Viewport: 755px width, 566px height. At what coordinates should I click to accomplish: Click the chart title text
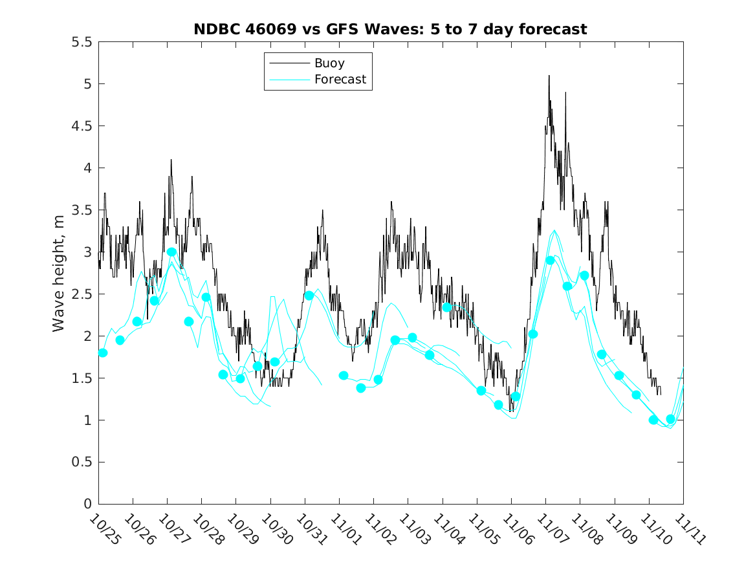(x=390, y=29)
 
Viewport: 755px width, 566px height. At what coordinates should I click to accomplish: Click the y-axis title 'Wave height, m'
(x=59, y=272)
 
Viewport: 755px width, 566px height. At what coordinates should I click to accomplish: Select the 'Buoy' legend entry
(x=329, y=63)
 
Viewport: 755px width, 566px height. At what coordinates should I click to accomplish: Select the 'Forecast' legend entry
(x=340, y=80)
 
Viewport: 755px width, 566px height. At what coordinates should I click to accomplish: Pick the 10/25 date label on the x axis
(x=102, y=529)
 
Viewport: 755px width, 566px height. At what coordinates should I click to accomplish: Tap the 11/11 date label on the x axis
(x=686, y=529)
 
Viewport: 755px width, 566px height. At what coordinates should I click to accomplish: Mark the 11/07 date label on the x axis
(x=549, y=529)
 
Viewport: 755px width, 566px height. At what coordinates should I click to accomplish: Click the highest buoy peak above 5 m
(x=549, y=76)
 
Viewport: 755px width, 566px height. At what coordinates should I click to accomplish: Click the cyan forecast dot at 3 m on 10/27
(x=171, y=252)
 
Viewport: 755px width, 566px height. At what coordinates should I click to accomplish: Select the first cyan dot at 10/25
(x=103, y=353)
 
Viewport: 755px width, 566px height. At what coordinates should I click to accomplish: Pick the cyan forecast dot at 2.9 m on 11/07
(x=550, y=261)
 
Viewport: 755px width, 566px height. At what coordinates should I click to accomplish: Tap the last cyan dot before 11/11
(x=671, y=419)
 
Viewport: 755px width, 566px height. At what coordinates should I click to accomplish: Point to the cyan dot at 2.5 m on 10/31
(x=309, y=296)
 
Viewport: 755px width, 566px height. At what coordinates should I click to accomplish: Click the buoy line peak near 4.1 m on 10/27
(x=171, y=160)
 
